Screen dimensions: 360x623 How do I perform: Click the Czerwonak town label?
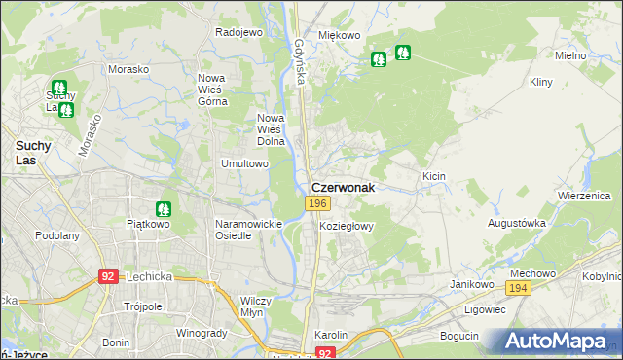pyautogui.click(x=342, y=187)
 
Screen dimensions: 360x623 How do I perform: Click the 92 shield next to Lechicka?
pyautogui.click(x=108, y=276)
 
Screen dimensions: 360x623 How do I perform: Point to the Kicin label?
pyautogui.click(x=434, y=176)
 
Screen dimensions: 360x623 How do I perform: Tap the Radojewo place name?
pyautogui.click(x=239, y=32)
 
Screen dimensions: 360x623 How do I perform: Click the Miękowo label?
pyautogui.click(x=340, y=35)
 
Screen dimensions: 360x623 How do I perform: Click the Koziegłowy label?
pyautogui.click(x=347, y=225)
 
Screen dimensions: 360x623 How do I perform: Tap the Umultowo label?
pyautogui.click(x=244, y=163)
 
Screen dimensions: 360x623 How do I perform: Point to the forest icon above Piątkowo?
pyautogui.click(x=163, y=208)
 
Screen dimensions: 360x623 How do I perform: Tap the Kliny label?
pyautogui.click(x=541, y=83)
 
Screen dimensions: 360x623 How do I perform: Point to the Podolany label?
pyautogui.click(x=56, y=235)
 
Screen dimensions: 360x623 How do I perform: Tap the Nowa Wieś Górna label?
pyautogui.click(x=212, y=89)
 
